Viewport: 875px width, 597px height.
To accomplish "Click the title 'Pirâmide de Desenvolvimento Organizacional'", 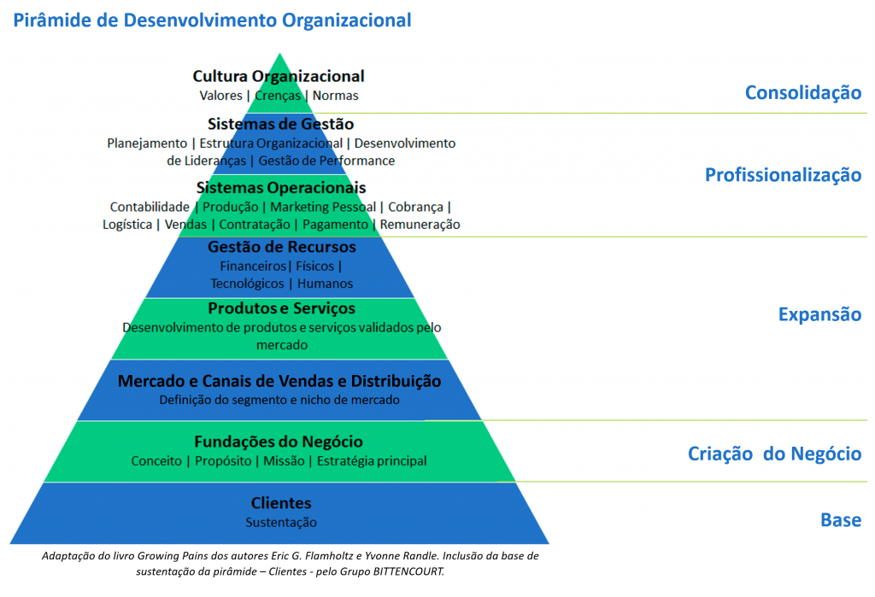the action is (x=212, y=20).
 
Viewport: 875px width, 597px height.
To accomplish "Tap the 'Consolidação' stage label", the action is (x=803, y=92).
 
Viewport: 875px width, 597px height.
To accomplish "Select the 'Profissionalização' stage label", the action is (x=783, y=175).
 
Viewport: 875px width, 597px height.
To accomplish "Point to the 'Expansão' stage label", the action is (x=819, y=314).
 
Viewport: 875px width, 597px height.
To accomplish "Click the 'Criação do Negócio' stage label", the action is (x=774, y=454).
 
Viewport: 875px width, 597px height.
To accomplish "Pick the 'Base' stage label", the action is (x=841, y=520).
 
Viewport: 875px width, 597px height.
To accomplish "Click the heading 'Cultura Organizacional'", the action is (x=279, y=76).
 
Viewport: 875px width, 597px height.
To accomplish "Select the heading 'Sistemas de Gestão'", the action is (x=280, y=124).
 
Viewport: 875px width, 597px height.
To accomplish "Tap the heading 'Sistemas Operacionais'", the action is (x=281, y=187).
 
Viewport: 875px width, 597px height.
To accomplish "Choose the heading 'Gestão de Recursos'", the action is (x=282, y=247).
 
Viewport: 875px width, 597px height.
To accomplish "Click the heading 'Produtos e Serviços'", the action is (x=282, y=308).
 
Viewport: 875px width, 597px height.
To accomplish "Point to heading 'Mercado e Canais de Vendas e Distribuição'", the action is (x=279, y=381).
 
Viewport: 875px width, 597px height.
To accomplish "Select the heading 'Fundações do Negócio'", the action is (x=279, y=442).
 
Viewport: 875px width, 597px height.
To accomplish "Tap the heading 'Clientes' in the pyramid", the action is (x=281, y=503).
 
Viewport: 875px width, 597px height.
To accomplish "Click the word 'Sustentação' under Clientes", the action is (x=281, y=523).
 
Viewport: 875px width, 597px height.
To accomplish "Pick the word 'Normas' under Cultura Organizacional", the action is (x=335, y=96).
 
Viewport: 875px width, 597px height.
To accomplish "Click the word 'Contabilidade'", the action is (x=150, y=207).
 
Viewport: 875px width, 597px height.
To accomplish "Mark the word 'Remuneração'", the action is (x=420, y=225).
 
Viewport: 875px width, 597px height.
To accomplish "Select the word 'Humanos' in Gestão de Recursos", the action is (x=325, y=284).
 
